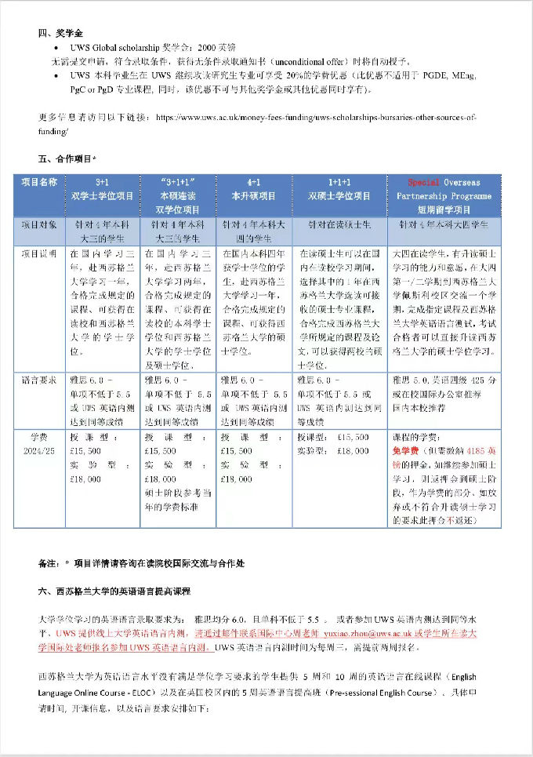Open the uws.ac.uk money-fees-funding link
[x=314, y=116]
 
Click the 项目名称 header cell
[x=39, y=182]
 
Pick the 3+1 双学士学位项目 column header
[x=103, y=188]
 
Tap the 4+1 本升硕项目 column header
[x=253, y=188]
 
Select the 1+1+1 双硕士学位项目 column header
[x=339, y=188]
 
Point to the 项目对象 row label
[x=39, y=224]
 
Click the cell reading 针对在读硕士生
[x=339, y=224]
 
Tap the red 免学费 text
[x=407, y=451]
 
